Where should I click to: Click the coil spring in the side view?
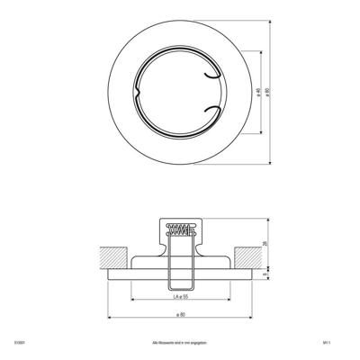click(x=181, y=230)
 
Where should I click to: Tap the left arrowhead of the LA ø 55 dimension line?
click(x=133, y=301)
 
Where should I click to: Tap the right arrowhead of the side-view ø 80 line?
click(x=255, y=319)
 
